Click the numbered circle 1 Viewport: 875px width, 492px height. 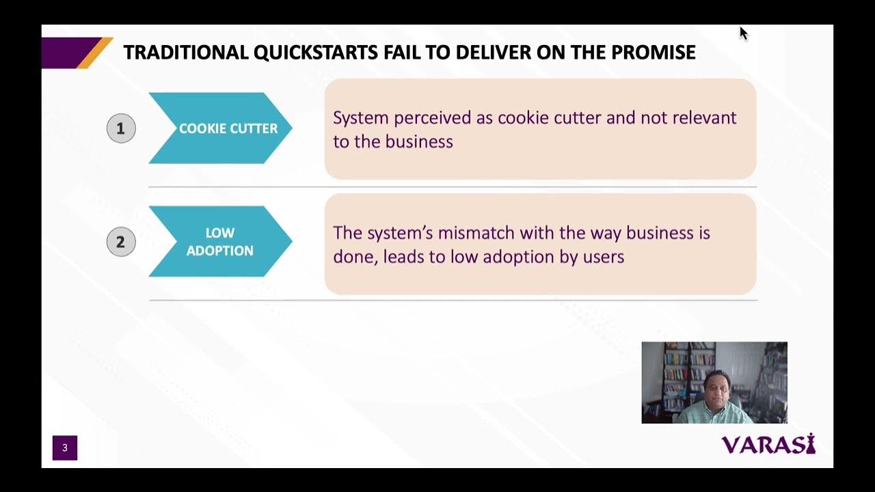point(121,128)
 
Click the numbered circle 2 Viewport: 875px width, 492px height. point(121,242)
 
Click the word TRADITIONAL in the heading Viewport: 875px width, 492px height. point(185,53)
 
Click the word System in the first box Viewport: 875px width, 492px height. point(360,118)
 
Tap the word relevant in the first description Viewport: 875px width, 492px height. point(704,118)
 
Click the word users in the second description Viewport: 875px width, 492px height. point(605,257)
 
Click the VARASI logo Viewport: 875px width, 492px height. point(768,445)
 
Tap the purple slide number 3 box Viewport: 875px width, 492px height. point(65,448)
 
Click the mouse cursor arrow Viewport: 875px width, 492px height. point(743,33)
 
